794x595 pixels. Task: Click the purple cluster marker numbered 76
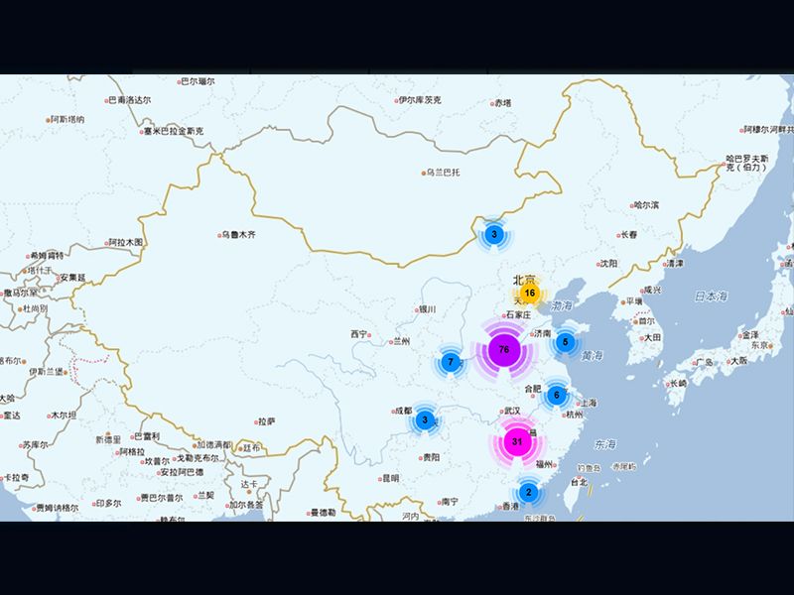tap(504, 350)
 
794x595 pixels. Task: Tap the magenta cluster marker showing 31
tap(516, 441)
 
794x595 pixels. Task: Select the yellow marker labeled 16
tap(530, 294)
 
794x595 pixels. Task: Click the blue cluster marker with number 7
tap(451, 363)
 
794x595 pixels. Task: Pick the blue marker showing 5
tap(565, 342)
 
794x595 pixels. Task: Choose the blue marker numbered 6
tap(557, 396)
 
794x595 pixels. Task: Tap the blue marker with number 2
tap(528, 492)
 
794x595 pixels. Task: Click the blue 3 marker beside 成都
tap(425, 420)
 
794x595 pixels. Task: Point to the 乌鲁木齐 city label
tap(238, 235)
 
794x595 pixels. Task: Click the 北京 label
tap(524, 280)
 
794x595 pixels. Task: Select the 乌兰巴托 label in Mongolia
tap(443, 172)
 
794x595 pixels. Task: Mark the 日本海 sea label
tap(711, 297)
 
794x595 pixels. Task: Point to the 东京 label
tap(761, 346)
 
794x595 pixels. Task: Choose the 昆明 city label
tap(390, 478)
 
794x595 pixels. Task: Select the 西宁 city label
tap(358, 334)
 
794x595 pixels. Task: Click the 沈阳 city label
tap(607, 264)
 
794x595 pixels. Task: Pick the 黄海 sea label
tap(593, 355)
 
